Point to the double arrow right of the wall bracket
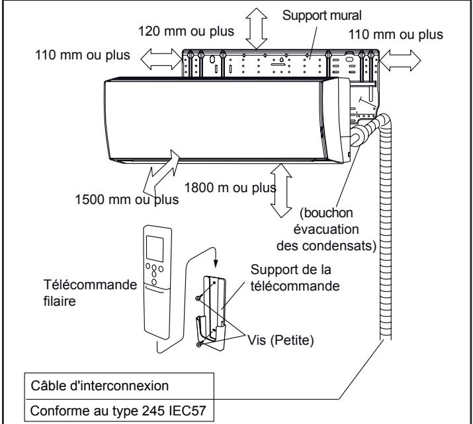pyautogui.click(x=401, y=59)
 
